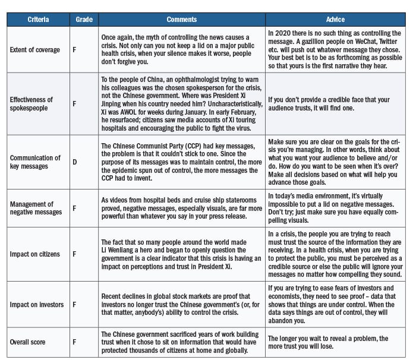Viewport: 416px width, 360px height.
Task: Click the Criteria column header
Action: pyautogui.click(x=38, y=20)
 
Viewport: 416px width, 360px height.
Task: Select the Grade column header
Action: pyautogui.click(x=84, y=20)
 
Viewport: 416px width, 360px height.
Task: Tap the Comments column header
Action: pyautogui.click(x=181, y=20)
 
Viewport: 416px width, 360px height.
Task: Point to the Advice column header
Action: pyautogui.click(x=336, y=20)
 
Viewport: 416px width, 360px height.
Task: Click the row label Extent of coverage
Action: pyautogui.click(x=34, y=50)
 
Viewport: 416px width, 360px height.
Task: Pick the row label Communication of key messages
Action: pyautogui.click(x=35, y=162)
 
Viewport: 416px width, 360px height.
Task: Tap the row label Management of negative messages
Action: pyautogui.click(x=36, y=208)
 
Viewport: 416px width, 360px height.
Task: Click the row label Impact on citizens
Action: pyautogui.click(x=34, y=254)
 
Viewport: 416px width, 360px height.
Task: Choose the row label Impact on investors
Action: pyautogui.click(x=36, y=305)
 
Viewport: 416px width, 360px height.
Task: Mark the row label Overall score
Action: pyautogui.click(x=28, y=343)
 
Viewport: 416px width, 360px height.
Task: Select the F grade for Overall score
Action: pyautogui.click(x=74, y=343)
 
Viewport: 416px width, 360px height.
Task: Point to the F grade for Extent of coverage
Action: pyautogui.click(x=74, y=50)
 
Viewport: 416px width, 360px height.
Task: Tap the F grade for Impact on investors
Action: pyautogui.click(x=74, y=305)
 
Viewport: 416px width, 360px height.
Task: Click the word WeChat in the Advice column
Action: pyautogui.click(x=358, y=42)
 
